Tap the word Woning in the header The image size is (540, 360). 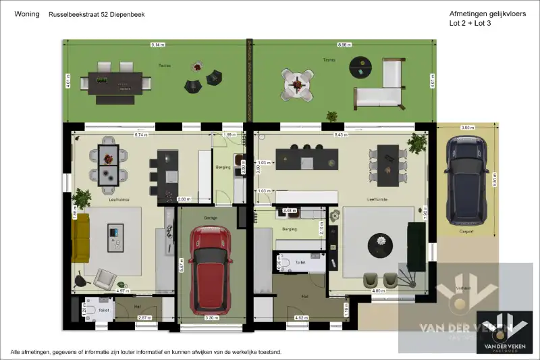click(26, 14)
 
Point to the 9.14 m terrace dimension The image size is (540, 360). click(157, 45)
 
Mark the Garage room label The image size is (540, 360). click(209, 217)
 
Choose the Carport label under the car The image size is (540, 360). click(466, 232)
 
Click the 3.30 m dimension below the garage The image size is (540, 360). click(211, 317)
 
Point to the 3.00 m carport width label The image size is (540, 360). click(466, 128)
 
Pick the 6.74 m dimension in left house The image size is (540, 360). click(141, 135)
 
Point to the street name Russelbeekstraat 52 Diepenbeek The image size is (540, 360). click(97, 14)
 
